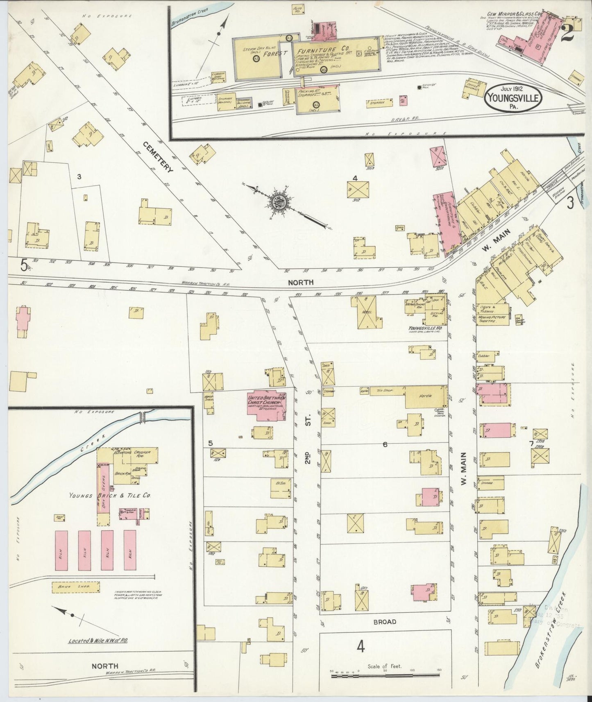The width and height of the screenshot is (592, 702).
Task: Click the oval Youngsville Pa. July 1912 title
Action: click(x=513, y=97)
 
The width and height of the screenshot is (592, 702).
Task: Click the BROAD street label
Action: click(x=384, y=621)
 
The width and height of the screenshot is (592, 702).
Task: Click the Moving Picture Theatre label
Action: click(x=492, y=319)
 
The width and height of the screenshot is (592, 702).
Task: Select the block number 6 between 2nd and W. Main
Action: click(x=385, y=444)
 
